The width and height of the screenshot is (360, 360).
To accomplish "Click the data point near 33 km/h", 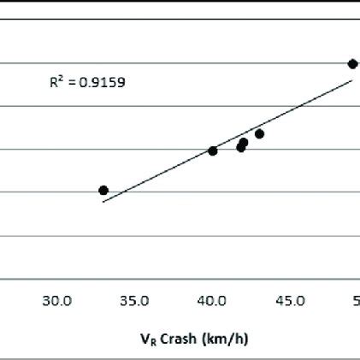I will (x=103, y=190).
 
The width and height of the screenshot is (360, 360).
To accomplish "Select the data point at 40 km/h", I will (x=213, y=150).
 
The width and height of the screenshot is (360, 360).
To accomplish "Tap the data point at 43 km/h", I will (x=260, y=133).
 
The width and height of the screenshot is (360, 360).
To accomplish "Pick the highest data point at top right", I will (x=352, y=64).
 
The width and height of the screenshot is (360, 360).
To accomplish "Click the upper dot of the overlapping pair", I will (x=244, y=142).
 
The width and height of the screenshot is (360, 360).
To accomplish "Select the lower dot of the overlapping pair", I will (x=241, y=148).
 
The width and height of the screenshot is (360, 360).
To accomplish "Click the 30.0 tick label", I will (x=57, y=300).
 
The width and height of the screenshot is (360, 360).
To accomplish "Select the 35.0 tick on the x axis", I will (x=135, y=300).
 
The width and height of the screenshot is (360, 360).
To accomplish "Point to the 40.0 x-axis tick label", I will (x=212, y=300).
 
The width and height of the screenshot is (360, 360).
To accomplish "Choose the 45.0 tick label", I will (x=290, y=300).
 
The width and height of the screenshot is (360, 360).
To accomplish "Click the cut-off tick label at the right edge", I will (x=356, y=300).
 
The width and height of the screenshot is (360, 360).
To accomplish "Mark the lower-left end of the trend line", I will (x=103, y=202).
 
